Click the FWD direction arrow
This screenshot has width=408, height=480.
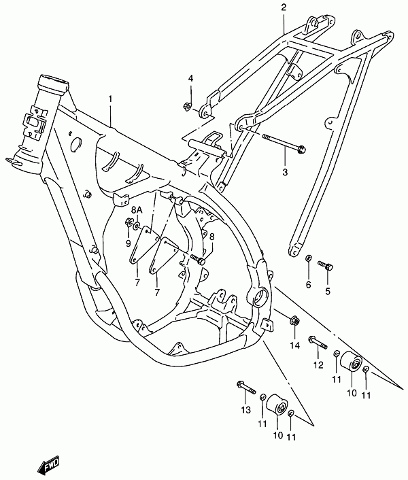click(x=48, y=465)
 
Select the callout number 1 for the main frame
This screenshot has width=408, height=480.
click(x=110, y=99)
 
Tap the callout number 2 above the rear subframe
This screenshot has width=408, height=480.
click(x=284, y=7)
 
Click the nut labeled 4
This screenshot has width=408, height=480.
click(x=186, y=106)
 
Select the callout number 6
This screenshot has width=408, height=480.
click(x=308, y=285)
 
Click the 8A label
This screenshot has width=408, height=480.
click(x=137, y=210)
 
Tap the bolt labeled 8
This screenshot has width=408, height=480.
click(x=198, y=260)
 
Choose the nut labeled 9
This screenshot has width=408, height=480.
click(x=129, y=222)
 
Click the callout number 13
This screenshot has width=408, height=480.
click(x=245, y=409)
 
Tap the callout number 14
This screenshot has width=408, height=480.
click(x=295, y=345)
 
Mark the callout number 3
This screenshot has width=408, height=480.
click(x=285, y=172)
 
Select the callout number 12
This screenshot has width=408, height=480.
click(x=318, y=365)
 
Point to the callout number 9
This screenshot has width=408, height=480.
click(x=129, y=243)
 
